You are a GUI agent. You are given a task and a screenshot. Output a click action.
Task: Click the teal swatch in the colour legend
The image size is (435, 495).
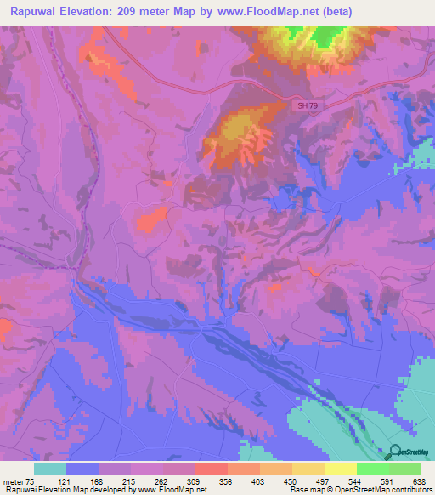tap(50, 469)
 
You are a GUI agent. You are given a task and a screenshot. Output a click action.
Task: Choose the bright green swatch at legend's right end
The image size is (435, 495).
tap(405, 469)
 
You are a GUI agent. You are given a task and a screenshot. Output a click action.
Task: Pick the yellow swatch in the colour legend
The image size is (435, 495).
tap(341, 469)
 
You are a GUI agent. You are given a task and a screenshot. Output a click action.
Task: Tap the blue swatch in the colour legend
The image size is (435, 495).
tap(82, 469)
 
